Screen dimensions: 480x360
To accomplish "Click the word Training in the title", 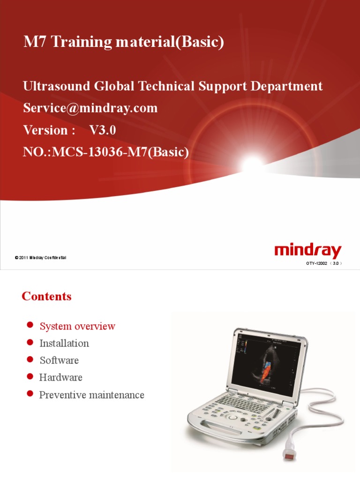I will (81, 43).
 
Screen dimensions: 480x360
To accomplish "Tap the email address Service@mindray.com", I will (90, 108).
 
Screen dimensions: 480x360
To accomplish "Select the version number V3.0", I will (102, 130).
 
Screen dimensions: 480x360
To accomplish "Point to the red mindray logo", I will (307, 251).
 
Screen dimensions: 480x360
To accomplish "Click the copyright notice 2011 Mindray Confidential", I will (42, 257).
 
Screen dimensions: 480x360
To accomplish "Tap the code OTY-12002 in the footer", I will (317, 263).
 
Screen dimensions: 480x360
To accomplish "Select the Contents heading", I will (46, 296).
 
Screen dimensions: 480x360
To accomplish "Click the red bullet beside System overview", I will (30, 325).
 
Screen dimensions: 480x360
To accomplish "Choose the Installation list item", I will (64, 343).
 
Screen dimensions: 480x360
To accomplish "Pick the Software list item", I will (59, 360).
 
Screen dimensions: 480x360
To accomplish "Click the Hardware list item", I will (61, 377).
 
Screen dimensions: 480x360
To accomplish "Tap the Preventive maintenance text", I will (91, 395).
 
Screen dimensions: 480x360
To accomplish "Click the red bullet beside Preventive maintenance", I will (30, 393).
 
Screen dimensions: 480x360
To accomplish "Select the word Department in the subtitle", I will (291, 86).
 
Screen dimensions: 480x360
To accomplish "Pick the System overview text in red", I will (77, 326).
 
